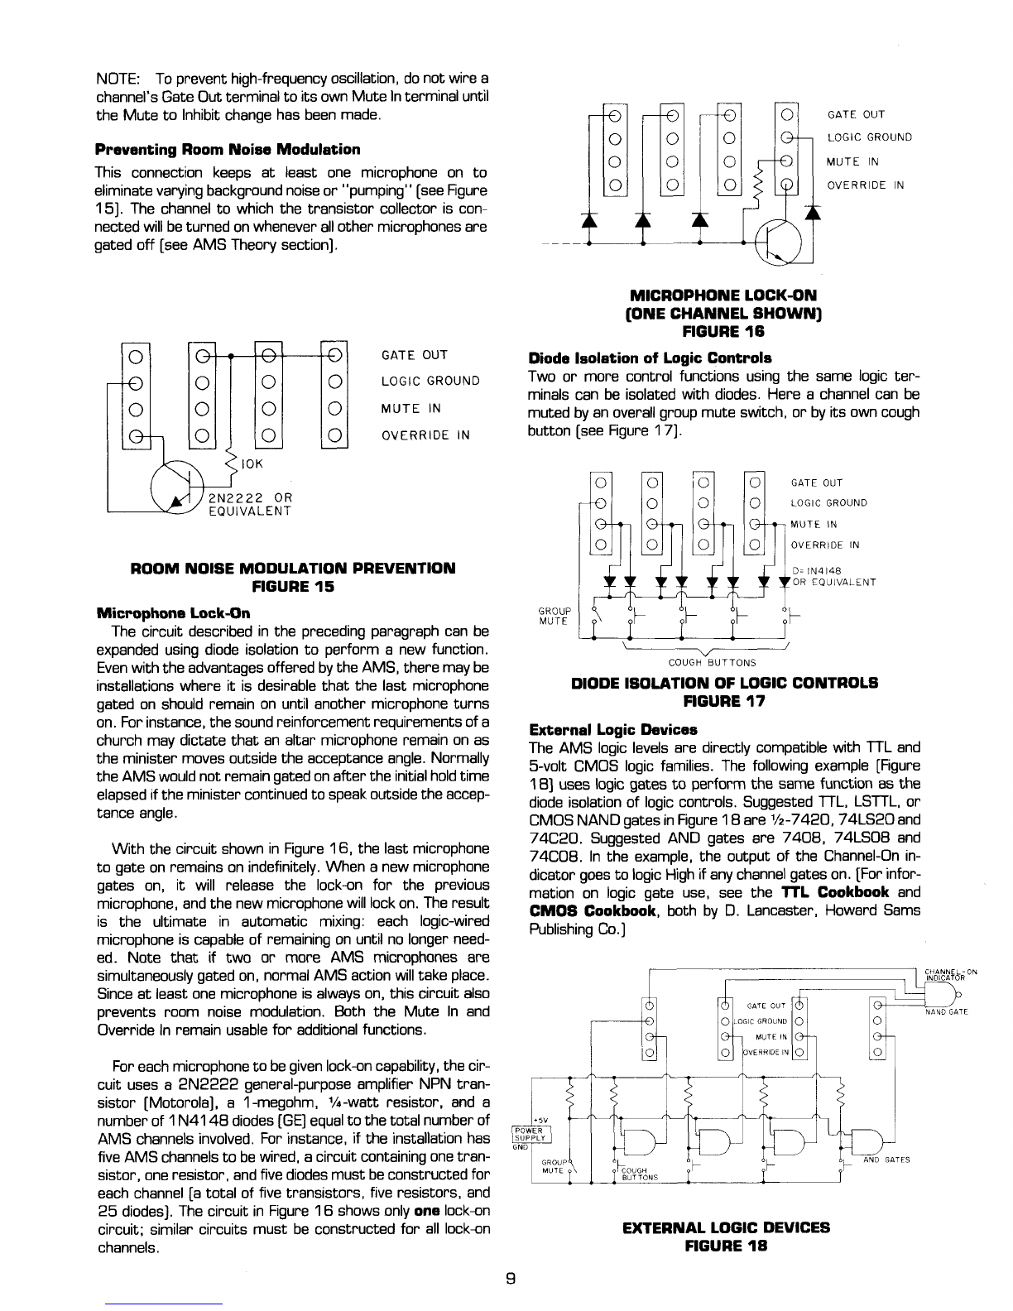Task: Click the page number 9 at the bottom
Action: (x=511, y=1276)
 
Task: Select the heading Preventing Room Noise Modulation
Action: (x=228, y=149)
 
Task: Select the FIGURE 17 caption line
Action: (x=725, y=701)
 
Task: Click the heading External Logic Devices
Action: (x=613, y=729)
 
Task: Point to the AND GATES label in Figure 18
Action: (x=886, y=1160)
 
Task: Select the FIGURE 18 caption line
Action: (x=725, y=1244)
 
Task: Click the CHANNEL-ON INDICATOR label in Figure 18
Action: (x=952, y=974)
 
